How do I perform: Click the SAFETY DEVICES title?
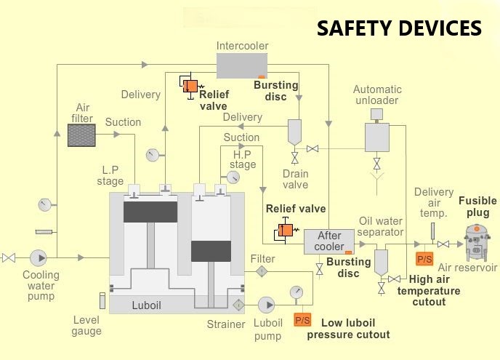click(399, 28)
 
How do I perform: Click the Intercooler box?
click(242, 66)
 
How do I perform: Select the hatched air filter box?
click(81, 135)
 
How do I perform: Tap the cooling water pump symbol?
click(38, 257)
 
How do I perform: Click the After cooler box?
click(328, 241)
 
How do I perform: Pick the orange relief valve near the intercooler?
click(190, 86)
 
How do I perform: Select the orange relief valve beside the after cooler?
click(283, 231)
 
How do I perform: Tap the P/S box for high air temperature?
click(423, 257)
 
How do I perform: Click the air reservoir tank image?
click(477, 242)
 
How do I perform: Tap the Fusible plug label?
click(477, 207)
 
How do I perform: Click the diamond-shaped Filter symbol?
click(262, 271)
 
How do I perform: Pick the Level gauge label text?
click(87, 325)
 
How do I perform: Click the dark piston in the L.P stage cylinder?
click(150, 212)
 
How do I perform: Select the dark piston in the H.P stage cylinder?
click(211, 250)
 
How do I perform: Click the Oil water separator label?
click(381, 227)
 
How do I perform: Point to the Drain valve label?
click(295, 179)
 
